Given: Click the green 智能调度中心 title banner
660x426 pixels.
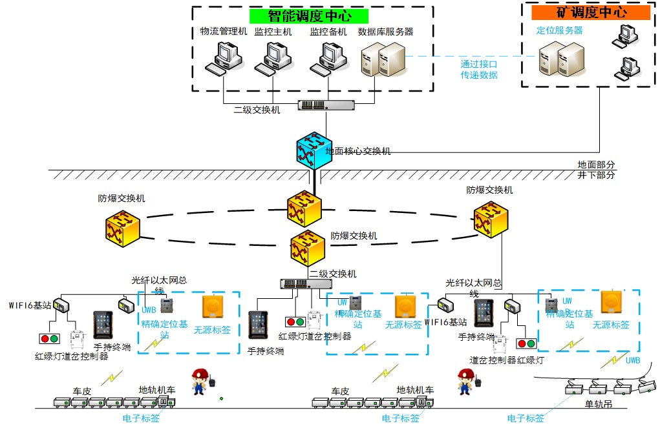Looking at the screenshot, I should (x=309, y=15).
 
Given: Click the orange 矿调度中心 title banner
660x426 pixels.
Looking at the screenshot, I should (x=590, y=12).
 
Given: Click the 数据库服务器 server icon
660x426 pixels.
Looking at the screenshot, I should (x=383, y=58).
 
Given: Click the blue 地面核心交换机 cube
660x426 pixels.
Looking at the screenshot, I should (x=313, y=150).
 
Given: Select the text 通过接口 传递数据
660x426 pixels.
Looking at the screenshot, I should (x=479, y=70).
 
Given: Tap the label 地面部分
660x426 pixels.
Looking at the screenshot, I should (x=597, y=165).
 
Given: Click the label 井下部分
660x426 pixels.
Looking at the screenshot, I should (x=597, y=176).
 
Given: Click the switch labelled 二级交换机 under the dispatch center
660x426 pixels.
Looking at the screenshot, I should (x=326, y=105).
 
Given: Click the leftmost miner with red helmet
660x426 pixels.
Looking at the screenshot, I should (x=202, y=381).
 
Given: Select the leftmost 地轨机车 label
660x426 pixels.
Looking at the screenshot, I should (x=157, y=390).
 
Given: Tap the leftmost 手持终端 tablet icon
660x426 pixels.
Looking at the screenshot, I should (x=103, y=325).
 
